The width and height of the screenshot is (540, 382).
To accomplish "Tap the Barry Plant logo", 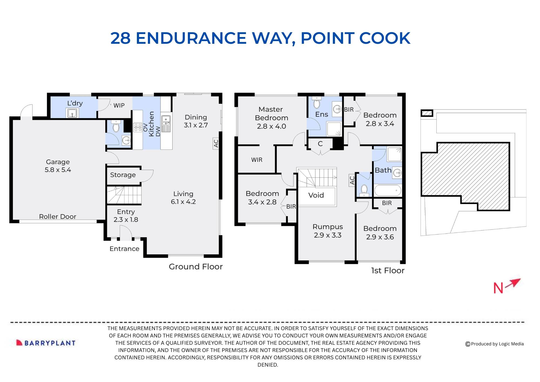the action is point(46,343).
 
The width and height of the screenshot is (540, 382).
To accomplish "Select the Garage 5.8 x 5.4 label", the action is point(58,166).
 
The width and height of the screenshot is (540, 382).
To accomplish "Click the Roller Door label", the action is point(58,216).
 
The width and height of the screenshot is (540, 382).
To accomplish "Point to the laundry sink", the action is point(72,113).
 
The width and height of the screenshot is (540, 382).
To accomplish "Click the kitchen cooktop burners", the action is point(138,127).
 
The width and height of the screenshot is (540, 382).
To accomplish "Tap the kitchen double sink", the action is point(166,123).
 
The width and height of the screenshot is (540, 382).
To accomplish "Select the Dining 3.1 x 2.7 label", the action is point(196,121).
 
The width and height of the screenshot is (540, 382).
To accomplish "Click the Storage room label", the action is point(123,175).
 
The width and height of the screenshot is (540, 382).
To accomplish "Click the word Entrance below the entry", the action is point(124,249).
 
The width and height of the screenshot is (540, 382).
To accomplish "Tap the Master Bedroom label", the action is point(271,113).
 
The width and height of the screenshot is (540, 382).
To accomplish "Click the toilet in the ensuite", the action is point(317,104).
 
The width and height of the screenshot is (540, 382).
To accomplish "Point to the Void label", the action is point(316,195).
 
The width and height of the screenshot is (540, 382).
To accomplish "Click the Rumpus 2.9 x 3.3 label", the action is point(328,231).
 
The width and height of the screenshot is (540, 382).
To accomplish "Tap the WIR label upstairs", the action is point(257,160).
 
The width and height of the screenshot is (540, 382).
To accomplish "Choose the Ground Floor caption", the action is point(196,267).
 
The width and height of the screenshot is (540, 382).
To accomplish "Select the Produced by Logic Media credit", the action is point(495,344).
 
